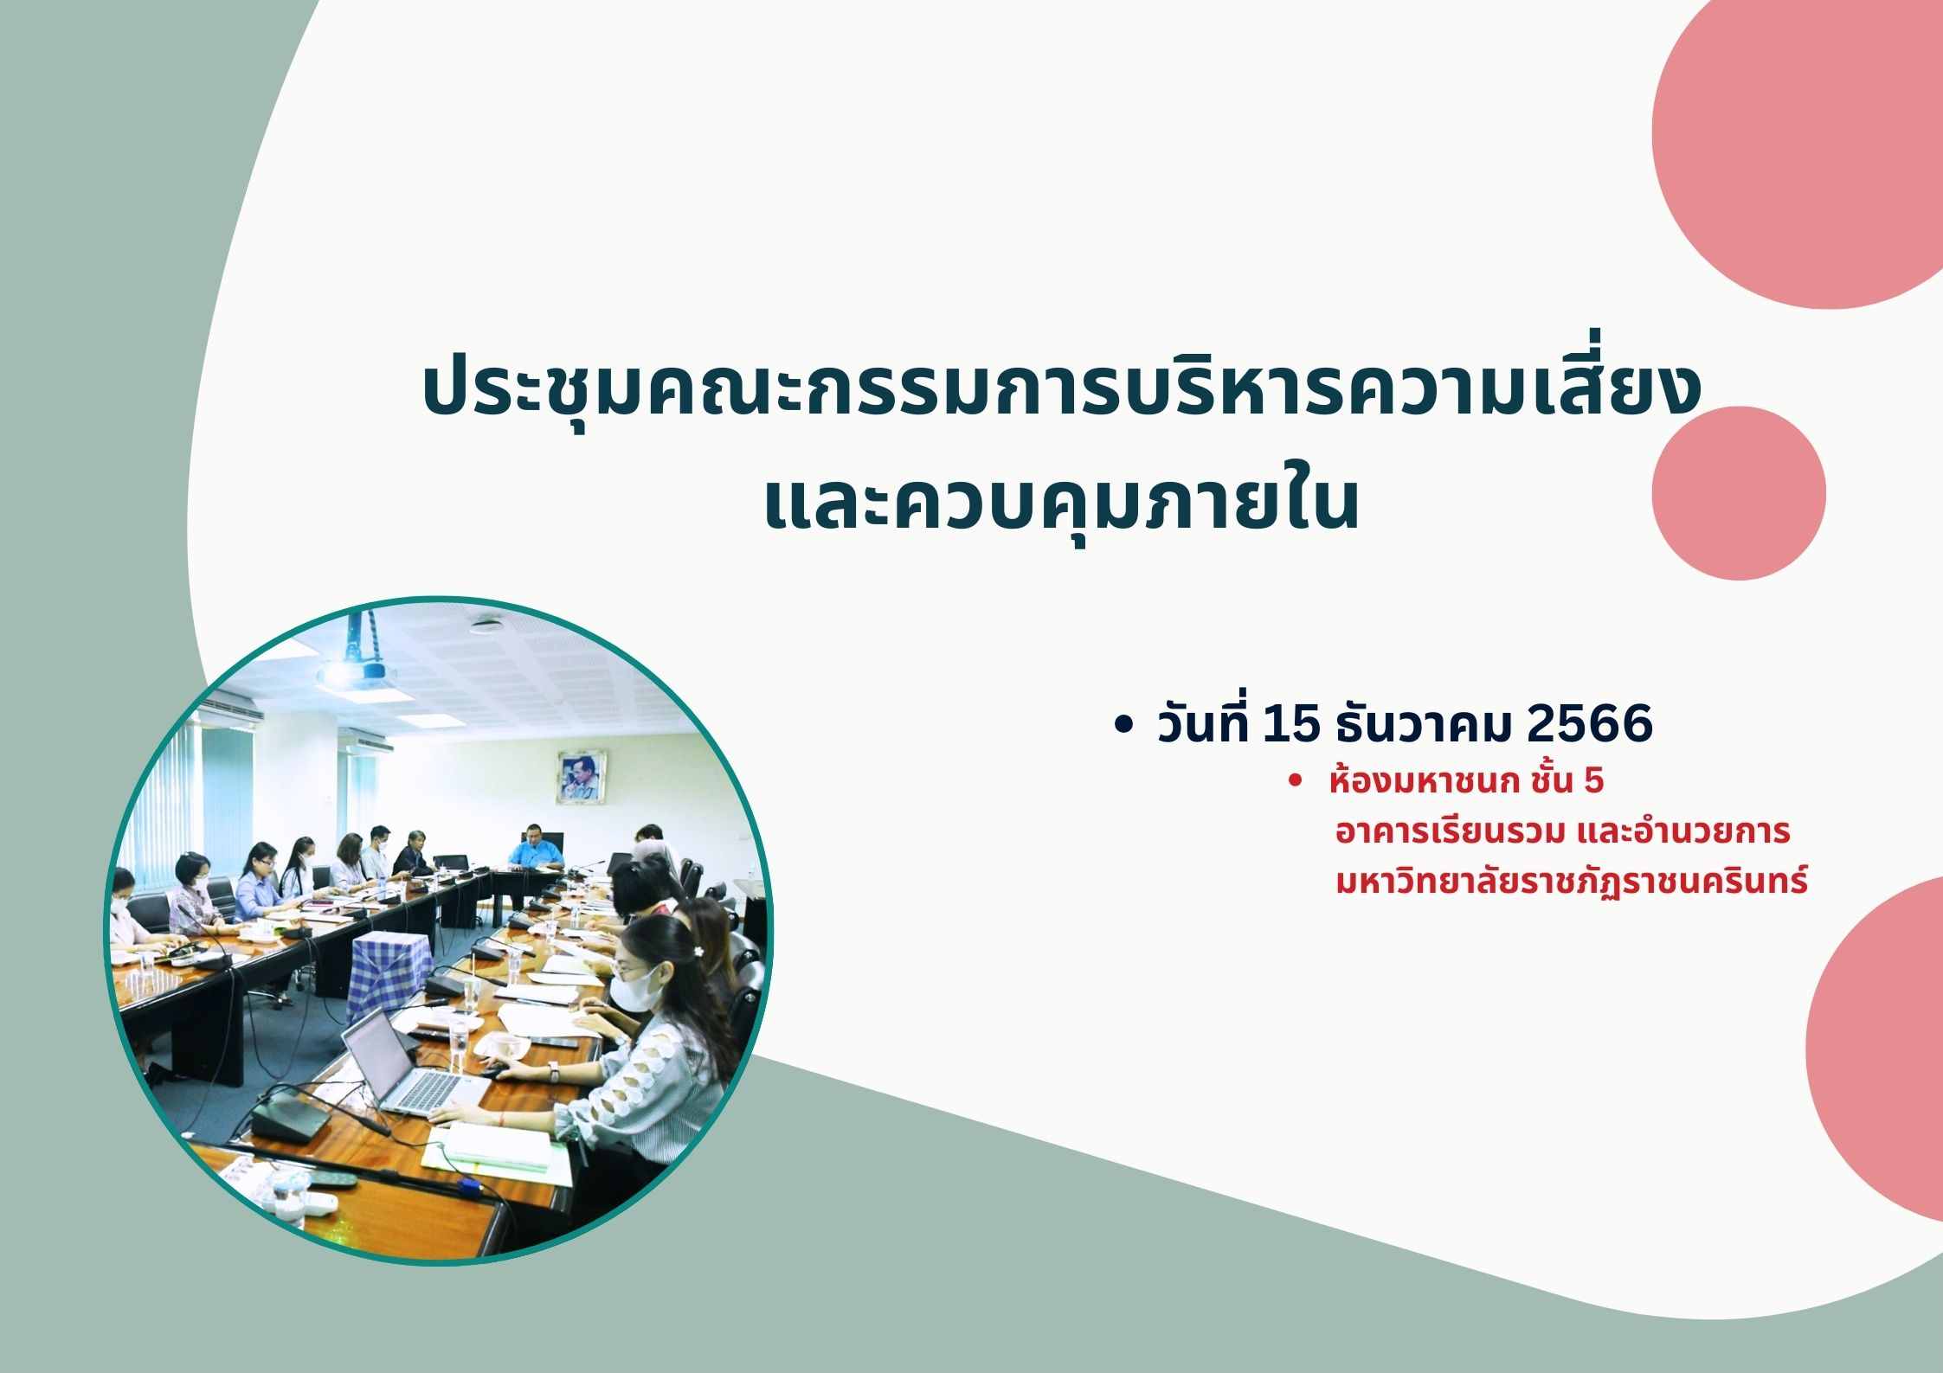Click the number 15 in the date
(x=1291, y=723)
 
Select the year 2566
(x=1590, y=723)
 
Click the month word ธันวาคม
(x=1424, y=723)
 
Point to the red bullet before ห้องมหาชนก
(x=1296, y=780)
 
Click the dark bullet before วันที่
(x=1123, y=726)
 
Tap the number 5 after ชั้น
(x=1593, y=781)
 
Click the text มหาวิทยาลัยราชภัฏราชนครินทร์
(x=1572, y=881)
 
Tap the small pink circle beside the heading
(x=1739, y=493)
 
